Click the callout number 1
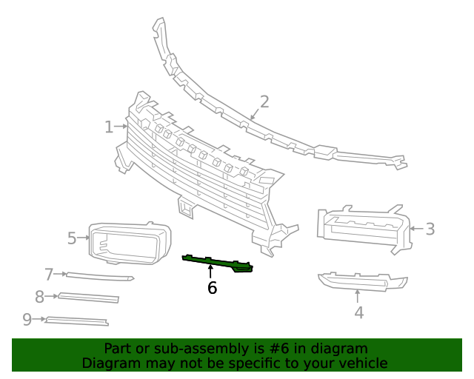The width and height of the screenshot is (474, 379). pos(109,127)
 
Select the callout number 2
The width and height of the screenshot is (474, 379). pos(264,101)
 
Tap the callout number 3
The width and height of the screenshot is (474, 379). pos(430,229)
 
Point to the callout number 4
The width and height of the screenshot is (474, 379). pos(358,312)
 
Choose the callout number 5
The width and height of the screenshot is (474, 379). pos(72,238)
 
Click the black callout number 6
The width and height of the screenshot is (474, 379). pos(212,288)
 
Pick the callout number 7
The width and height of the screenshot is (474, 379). pos(50,275)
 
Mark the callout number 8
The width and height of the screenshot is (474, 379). pos(40,297)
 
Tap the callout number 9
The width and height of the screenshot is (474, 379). pos(27,319)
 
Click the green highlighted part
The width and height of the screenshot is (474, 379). pos(218,263)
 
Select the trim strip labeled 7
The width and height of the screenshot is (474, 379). pos(100,277)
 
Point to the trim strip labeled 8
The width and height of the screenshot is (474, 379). pos(89,298)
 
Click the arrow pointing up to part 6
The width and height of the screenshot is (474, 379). pos(211,272)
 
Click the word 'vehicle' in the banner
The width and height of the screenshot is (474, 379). pos(361,363)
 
